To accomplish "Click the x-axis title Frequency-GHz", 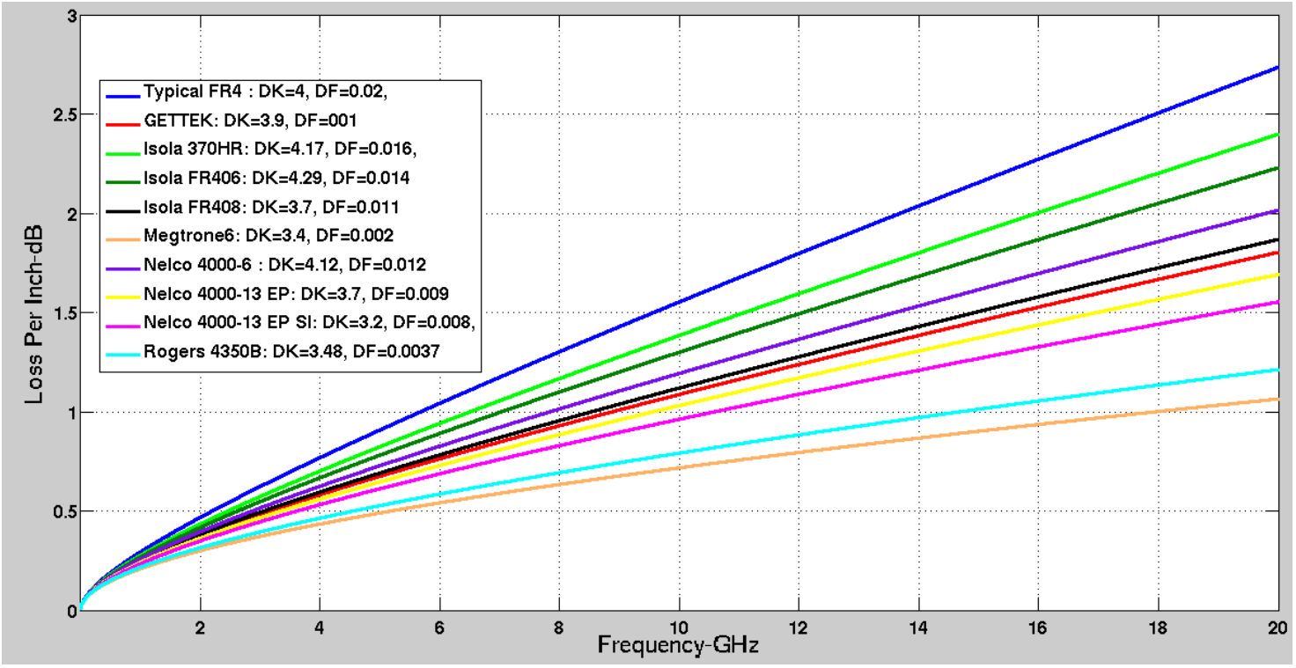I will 678,645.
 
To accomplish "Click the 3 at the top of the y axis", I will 65,17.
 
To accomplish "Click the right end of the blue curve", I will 1277,67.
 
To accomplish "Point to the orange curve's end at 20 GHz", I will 1277,400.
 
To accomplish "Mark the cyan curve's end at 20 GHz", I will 1277,370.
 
